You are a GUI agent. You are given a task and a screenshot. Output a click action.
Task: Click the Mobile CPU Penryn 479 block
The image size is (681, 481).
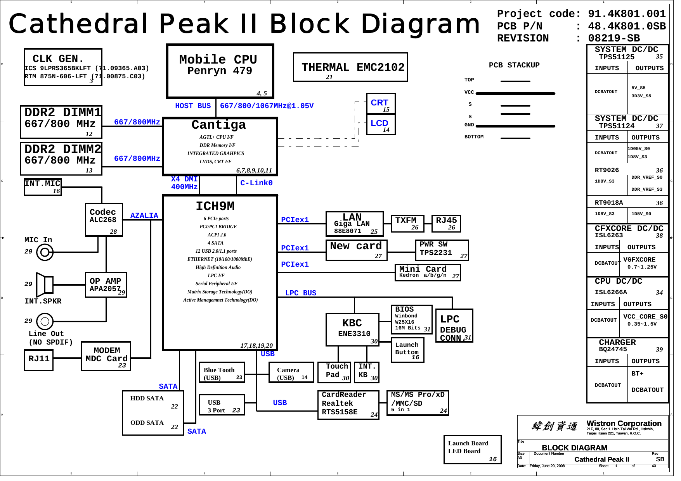coord(220,71)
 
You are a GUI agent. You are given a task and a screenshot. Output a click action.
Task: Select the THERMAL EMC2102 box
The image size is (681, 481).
coord(350,67)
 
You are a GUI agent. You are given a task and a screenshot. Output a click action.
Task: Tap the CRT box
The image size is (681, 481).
coord(381,103)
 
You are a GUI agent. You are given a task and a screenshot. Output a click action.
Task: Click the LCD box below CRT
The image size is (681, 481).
coord(381,124)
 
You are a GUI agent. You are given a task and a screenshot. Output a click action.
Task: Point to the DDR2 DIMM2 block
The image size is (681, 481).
coord(61,159)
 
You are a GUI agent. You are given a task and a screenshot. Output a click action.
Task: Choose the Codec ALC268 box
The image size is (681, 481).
coord(104,219)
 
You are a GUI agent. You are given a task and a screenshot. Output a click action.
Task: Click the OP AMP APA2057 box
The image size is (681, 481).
coord(106,285)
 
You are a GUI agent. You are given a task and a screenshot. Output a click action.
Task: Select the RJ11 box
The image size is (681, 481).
coord(39,360)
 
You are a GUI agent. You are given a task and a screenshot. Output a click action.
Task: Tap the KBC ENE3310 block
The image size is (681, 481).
coord(352,329)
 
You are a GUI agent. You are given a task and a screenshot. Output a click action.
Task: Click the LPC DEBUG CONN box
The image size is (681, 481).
coord(454,326)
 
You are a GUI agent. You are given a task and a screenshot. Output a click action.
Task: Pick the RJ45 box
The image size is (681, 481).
coord(446,224)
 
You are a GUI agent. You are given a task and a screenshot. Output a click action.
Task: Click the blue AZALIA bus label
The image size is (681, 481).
coord(144,216)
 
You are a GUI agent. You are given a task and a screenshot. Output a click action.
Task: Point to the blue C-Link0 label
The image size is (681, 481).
coord(256,183)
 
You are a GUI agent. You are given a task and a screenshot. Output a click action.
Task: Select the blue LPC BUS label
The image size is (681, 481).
coord(301,293)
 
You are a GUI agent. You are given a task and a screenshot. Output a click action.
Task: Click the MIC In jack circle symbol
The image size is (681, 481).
coord(45,253)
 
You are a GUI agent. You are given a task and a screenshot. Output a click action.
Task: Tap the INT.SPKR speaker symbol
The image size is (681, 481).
coord(45,284)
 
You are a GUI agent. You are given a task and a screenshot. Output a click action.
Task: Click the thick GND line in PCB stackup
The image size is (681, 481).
coord(515,126)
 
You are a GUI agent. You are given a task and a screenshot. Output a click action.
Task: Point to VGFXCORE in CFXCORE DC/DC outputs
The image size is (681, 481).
coord(639,260)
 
